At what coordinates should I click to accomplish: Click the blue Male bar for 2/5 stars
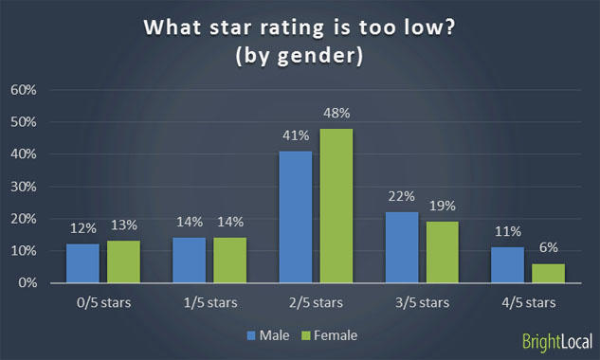click(295, 217)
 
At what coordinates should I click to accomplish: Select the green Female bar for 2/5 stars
click(336, 206)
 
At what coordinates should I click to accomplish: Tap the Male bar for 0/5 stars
click(82, 263)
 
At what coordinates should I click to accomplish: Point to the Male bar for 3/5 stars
click(402, 247)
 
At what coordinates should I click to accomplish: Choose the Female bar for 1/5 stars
click(228, 260)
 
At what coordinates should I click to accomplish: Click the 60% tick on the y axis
click(25, 90)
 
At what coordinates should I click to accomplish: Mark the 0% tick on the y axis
click(27, 282)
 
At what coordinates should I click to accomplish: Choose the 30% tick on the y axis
click(25, 187)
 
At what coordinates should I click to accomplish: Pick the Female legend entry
click(327, 334)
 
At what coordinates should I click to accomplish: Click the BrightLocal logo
click(557, 341)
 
